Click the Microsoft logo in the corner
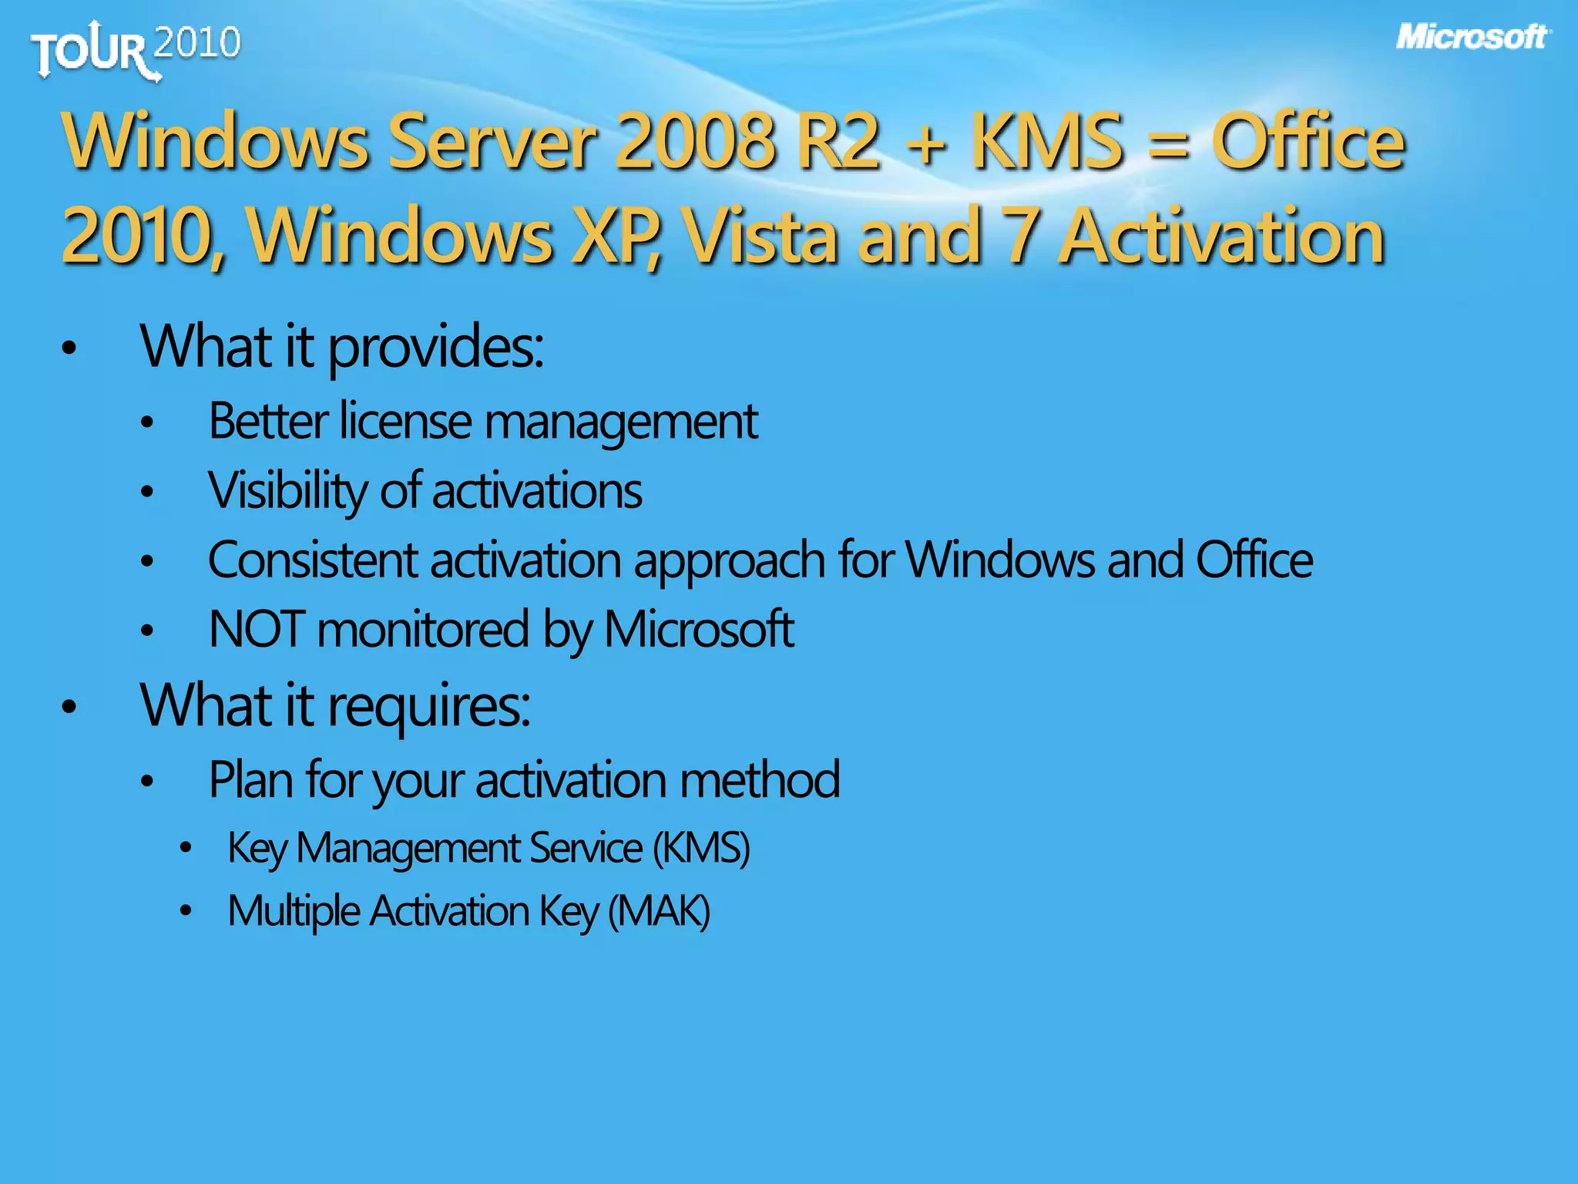1472,37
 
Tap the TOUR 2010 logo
136,49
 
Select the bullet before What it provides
69,348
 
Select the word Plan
250,779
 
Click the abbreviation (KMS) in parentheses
701,849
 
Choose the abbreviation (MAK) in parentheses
659,911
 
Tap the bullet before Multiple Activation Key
185,911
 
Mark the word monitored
423,629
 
